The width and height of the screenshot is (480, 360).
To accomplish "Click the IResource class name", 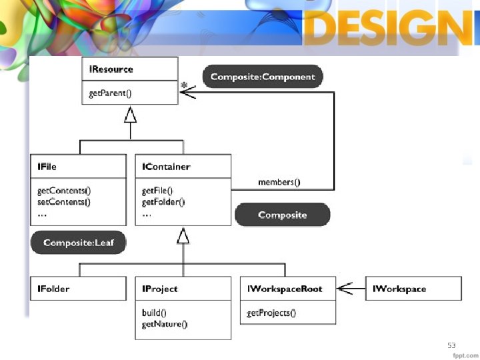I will click(x=111, y=69).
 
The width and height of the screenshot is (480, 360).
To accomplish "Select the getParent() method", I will click(x=111, y=93).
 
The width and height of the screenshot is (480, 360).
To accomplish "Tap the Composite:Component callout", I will click(x=263, y=77).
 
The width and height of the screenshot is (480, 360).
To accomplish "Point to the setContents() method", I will click(x=64, y=201).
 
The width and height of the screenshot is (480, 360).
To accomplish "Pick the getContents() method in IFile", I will click(x=64, y=191).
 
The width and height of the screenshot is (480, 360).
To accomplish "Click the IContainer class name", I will click(x=166, y=167).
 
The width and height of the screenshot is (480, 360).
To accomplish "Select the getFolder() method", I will click(x=163, y=201).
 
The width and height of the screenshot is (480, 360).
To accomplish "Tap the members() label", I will click(x=279, y=182).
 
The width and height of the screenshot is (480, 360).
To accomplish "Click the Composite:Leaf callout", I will click(x=78, y=243).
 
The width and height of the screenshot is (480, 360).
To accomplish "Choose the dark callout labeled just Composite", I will click(x=282, y=215).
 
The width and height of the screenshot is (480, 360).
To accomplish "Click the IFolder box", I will click(x=78, y=289).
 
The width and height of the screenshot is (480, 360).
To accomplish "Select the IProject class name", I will click(x=160, y=289).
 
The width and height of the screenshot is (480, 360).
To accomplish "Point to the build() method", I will click(x=154, y=312).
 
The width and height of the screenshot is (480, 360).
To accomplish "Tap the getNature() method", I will click(x=165, y=324).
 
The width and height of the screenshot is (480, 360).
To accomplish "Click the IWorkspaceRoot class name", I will click(x=284, y=289).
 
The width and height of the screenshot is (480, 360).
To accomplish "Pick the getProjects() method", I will click(x=271, y=313).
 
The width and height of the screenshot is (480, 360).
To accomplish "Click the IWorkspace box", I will click(x=413, y=289).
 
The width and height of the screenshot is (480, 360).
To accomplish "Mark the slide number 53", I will click(x=451, y=345).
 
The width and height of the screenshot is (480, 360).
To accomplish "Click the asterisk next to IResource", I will click(x=184, y=85).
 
